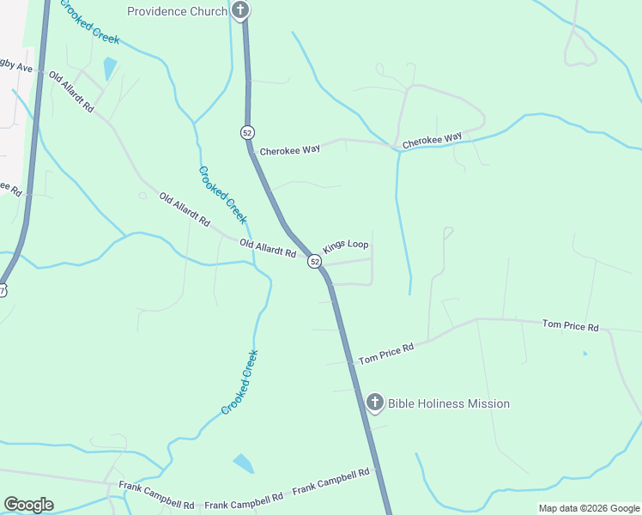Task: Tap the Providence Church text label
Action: (x=177, y=11)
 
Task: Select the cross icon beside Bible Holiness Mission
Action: (x=374, y=403)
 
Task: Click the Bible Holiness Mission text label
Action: (x=449, y=403)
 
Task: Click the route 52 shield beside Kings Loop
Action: (x=315, y=261)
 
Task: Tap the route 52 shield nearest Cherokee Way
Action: (x=247, y=132)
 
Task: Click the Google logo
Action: (x=28, y=505)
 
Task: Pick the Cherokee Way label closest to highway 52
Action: (x=290, y=148)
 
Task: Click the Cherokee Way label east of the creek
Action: (x=432, y=139)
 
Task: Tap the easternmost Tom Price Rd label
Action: (x=570, y=325)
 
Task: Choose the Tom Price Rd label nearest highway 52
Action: (x=386, y=352)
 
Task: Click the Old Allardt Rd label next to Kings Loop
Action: (x=268, y=249)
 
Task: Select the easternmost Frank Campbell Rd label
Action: (x=330, y=482)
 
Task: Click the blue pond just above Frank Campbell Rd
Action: (x=243, y=463)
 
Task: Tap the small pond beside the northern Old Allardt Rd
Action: (x=109, y=68)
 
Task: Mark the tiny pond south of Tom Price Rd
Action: (x=584, y=353)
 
